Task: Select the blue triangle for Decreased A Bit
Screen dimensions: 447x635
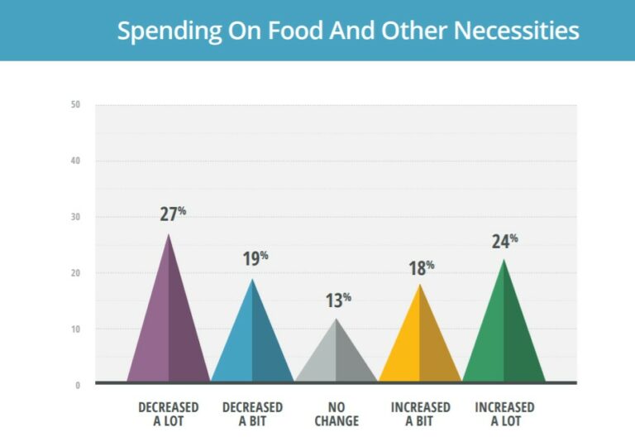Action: (252, 344)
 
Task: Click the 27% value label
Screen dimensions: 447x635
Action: (173, 214)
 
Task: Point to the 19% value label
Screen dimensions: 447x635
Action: (255, 258)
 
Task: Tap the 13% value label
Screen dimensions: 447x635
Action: (338, 300)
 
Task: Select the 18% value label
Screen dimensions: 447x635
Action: (422, 268)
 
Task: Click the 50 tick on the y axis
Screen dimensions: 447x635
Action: (75, 104)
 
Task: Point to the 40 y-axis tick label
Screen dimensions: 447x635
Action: (75, 161)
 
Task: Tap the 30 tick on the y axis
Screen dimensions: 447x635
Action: (75, 217)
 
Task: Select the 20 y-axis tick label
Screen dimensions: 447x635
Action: (75, 273)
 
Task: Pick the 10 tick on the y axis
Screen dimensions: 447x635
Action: (75, 329)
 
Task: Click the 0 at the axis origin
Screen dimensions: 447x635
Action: (77, 385)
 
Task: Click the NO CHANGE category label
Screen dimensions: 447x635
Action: (337, 414)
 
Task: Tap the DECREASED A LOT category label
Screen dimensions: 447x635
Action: (169, 414)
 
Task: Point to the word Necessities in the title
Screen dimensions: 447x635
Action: (517, 31)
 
